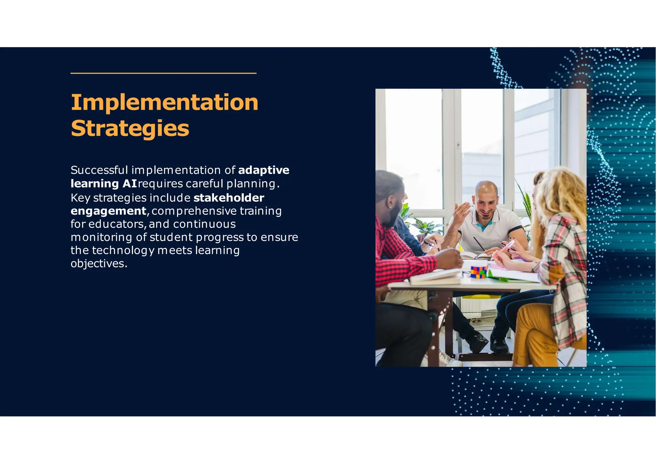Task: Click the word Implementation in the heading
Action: click(164, 103)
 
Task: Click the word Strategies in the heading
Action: click(130, 128)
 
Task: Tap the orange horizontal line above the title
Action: click(163, 73)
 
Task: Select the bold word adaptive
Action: click(264, 170)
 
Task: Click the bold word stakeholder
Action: click(229, 198)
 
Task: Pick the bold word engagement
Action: click(108, 211)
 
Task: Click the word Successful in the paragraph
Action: click(99, 170)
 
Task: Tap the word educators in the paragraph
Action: click(117, 224)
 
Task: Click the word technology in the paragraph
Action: click(123, 250)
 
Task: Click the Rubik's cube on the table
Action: click(479, 272)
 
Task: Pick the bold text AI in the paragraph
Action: click(130, 184)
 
